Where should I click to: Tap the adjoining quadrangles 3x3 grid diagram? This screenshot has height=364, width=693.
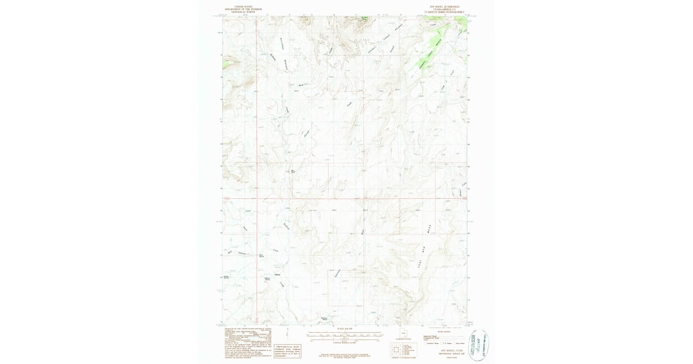[x=398, y=350]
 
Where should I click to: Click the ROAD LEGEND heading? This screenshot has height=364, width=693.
[x=442, y=332]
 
